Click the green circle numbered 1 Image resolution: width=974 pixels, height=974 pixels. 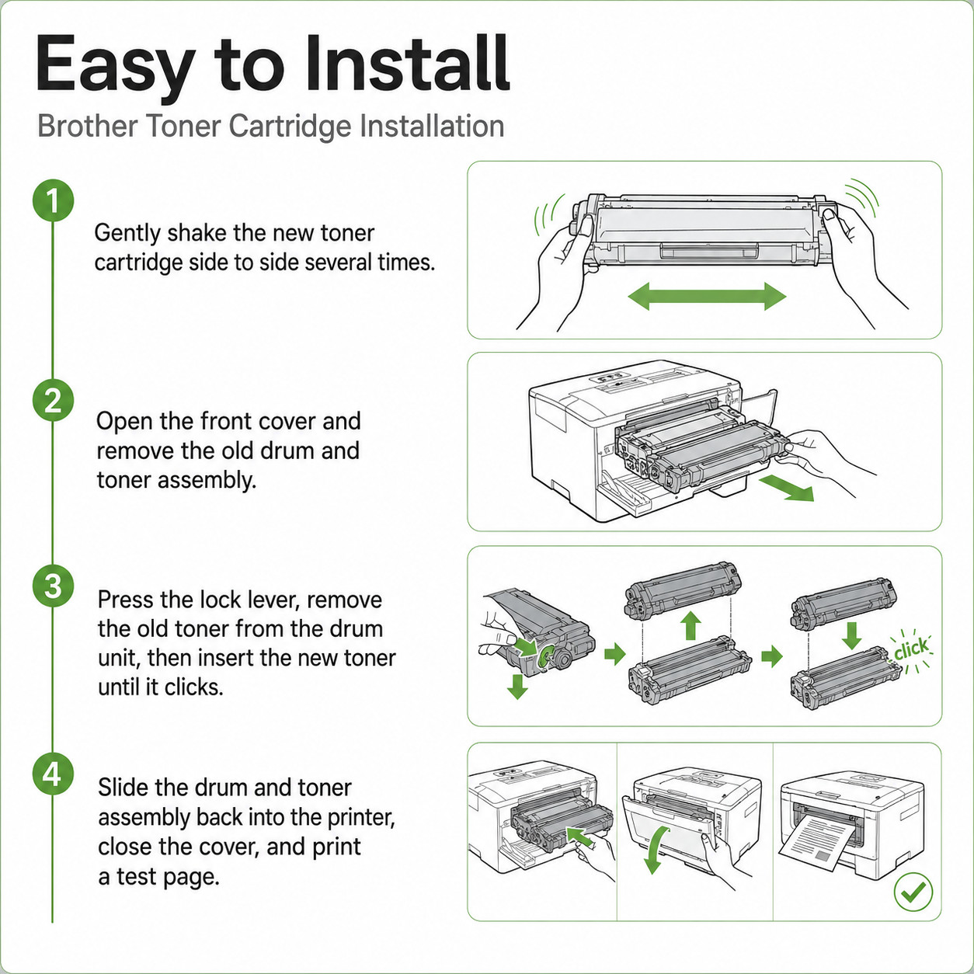click(x=53, y=200)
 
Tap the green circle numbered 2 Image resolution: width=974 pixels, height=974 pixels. click(x=53, y=400)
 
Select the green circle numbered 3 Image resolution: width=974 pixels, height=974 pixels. click(x=53, y=586)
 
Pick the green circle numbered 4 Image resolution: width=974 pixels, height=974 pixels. click(x=53, y=774)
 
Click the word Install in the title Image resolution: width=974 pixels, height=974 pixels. click(x=408, y=64)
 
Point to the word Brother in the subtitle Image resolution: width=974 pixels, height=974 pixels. click(x=87, y=126)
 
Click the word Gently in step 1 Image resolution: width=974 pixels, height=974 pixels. click(x=127, y=235)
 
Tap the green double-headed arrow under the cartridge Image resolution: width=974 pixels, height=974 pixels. click(x=707, y=296)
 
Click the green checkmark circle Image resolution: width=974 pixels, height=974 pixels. click(x=913, y=892)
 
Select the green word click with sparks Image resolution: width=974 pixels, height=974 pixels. click(x=911, y=649)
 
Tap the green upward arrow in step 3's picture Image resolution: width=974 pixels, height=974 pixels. click(x=690, y=626)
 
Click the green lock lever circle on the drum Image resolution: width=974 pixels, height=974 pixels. click(x=545, y=656)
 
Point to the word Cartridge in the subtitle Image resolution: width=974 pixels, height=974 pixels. click(x=290, y=127)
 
